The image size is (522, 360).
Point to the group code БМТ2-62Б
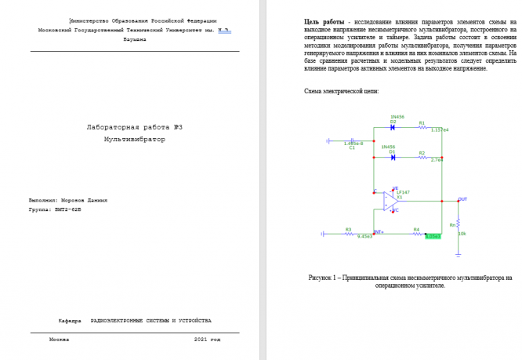pyautogui.click(x=66, y=210)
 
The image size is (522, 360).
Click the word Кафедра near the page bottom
pyautogui.click(x=70, y=321)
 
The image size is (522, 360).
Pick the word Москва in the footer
pyautogui.click(x=59, y=340)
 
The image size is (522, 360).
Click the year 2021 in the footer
pyautogui.click(x=201, y=340)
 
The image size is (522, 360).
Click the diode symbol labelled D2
pyautogui.click(x=393, y=128)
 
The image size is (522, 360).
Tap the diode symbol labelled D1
pyautogui.click(x=393, y=158)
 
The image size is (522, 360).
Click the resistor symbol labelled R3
pyautogui.click(x=348, y=234)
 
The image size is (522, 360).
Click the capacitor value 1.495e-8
pyautogui.click(x=353, y=144)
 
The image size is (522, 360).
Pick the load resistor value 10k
pyautogui.click(x=462, y=234)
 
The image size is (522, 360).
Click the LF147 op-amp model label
pyautogui.click(x=403, y=191)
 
